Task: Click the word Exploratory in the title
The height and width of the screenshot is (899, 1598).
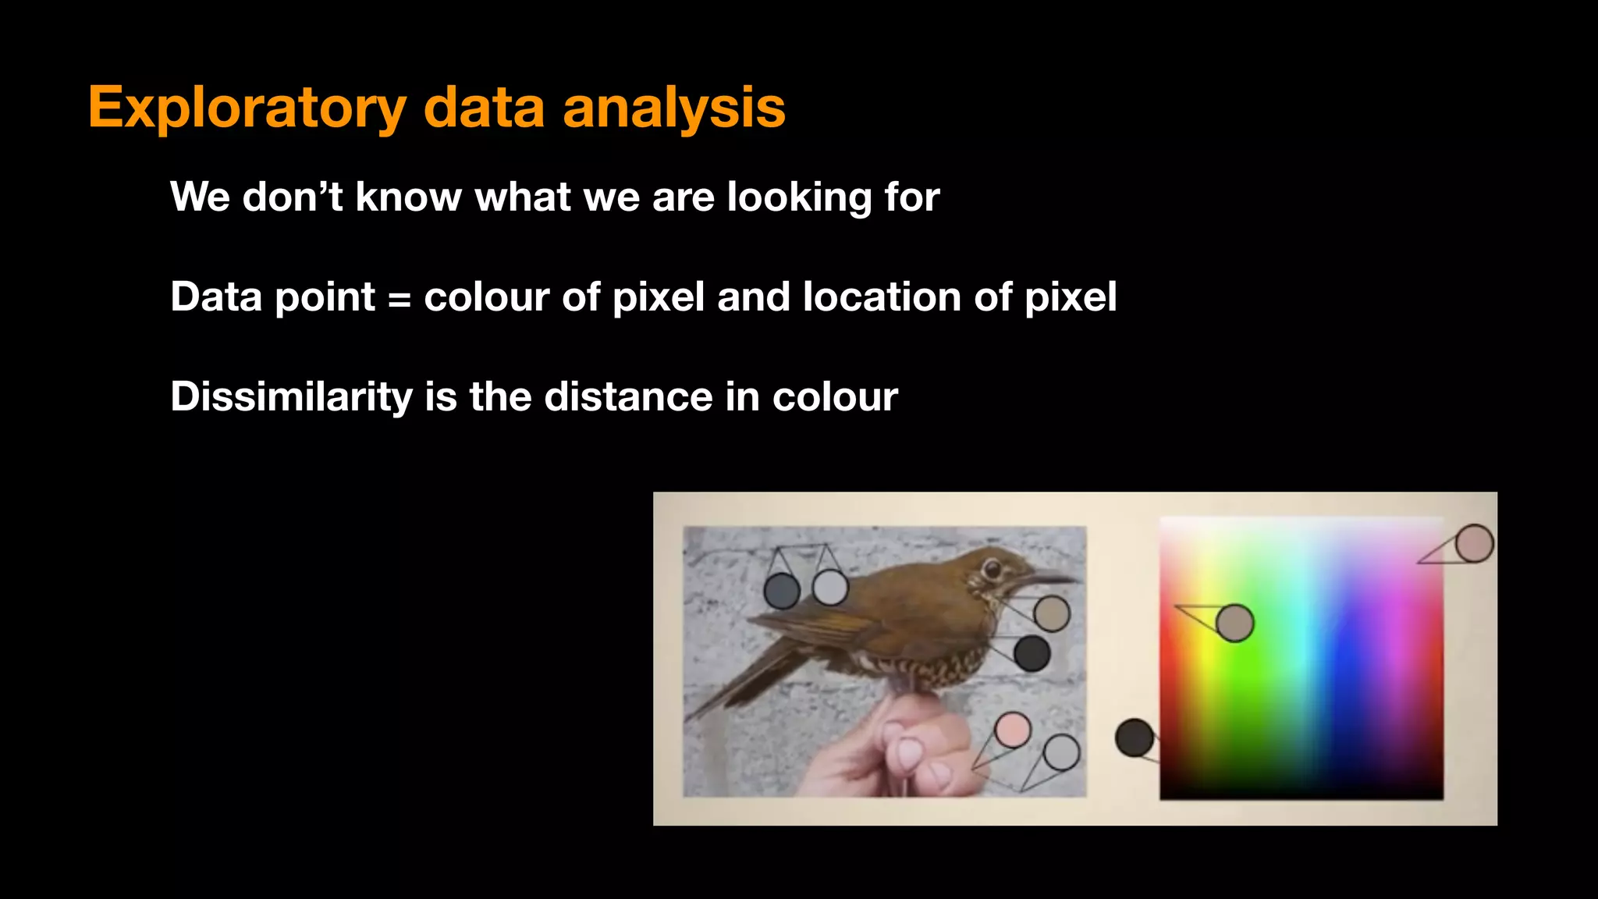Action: click(x=246, y=108)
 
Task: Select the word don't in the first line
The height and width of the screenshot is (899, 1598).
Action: click(x=293, y=197)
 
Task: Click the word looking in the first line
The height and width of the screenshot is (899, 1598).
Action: click(x=799, y=197)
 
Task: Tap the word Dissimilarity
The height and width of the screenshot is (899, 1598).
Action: click(x=291, y=397)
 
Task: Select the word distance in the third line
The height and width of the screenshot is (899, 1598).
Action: click(x=627, y=396)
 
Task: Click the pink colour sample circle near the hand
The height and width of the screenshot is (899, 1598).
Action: click(x=1013, y=730)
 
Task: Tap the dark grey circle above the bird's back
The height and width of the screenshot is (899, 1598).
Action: click(x=781, y=591)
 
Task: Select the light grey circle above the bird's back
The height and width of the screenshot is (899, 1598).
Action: click(x=830, y=587)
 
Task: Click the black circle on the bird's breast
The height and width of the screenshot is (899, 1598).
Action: click(x=1032, y=653)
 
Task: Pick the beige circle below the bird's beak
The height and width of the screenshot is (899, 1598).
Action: click(x=1051, y=613)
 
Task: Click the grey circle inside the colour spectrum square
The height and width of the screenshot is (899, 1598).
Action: click(x=1234, y=623)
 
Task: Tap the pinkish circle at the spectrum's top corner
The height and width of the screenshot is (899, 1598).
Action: click(x=1474, y=543)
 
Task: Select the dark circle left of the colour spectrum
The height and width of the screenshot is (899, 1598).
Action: click(x=1134, y=737)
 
